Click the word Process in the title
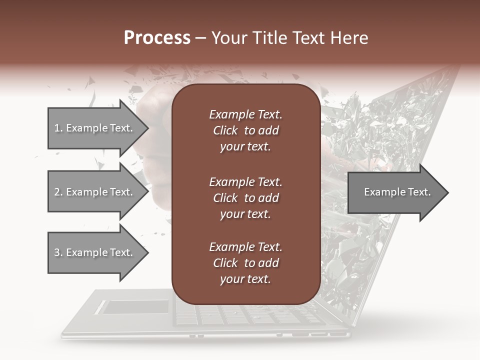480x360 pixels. (157, 38)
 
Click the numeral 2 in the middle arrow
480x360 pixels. (57, 192)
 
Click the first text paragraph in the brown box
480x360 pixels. (245, 130)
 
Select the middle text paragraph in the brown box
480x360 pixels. (245, 197)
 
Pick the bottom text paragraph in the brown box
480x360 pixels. (245, 263)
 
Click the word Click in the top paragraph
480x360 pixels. (225, 130)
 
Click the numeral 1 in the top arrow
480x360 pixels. (57, 128)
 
